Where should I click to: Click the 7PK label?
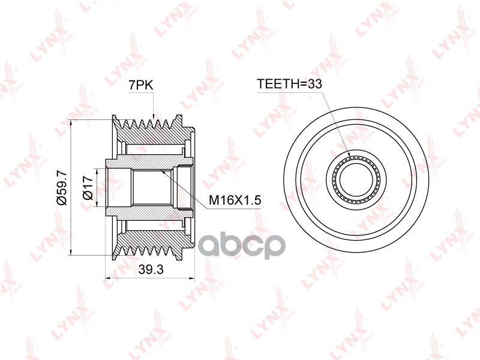pyautogui.click(x=140, y=85)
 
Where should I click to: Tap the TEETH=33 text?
pyautogui.click(x=289, y=83)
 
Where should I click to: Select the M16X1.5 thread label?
pyautogui.click(x=235, y=200)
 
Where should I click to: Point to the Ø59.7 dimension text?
pyautogui.click(x=62, y=188)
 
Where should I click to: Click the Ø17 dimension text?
pyautogui.click(x=88, y=188)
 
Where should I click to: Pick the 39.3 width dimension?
pyautogui.click(x=151, y=269)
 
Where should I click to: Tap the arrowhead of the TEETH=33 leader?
pyautogui.click(x=350, y=156)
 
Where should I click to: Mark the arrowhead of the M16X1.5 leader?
pyautogui.click(x=161, y=170)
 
